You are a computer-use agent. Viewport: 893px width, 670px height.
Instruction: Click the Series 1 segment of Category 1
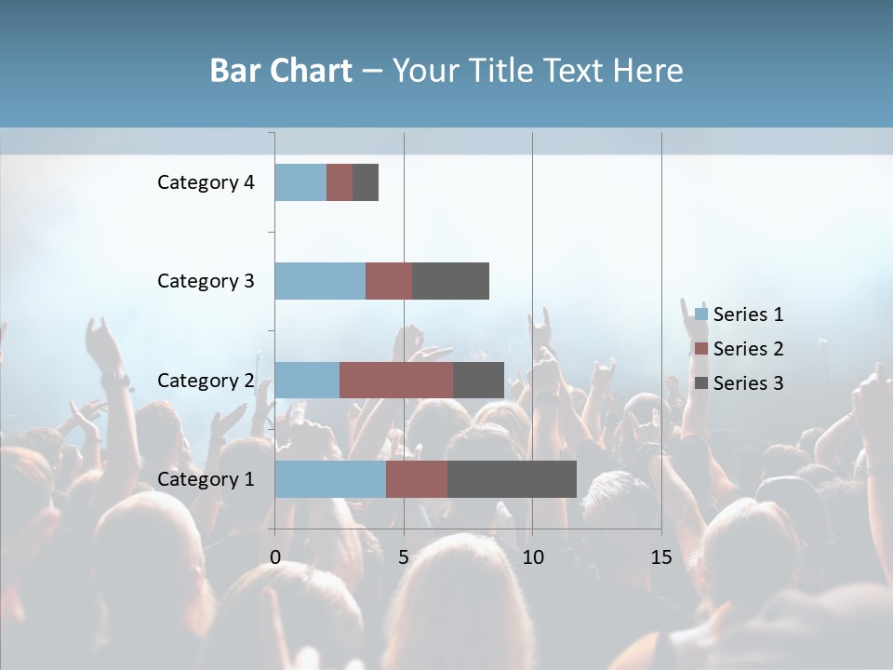point(330,478)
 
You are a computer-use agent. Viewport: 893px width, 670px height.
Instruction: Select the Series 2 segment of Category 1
point(417,478)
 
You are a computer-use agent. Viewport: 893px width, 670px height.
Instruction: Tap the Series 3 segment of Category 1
point(512,478)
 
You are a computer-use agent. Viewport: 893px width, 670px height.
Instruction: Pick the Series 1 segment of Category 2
point(307,380)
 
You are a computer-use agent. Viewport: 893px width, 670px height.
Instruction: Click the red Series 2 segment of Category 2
point(396,380)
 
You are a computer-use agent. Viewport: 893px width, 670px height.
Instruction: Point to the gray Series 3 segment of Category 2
point(478,380)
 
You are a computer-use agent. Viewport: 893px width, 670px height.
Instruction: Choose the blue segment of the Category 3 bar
point(320,281)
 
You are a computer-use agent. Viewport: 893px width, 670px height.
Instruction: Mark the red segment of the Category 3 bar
point(389,281)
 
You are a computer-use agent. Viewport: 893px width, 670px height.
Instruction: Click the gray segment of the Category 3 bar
point(450,281)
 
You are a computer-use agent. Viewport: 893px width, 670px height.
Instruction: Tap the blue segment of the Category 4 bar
point(300,182)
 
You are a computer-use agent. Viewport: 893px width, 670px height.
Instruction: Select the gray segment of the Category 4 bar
point(366,182)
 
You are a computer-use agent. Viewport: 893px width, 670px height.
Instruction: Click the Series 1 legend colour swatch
point(700,315)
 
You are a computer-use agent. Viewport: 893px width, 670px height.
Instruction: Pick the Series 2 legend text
point(748,349)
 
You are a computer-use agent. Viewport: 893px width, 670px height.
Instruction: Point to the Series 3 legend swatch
point(700,383)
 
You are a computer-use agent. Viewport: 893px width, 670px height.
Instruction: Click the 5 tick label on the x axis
point(404,557)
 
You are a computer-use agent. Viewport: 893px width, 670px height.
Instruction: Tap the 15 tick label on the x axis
point(660,557)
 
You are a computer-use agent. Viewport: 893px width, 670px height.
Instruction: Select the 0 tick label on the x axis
point(275,557)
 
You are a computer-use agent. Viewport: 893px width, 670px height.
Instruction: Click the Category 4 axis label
point(206,182)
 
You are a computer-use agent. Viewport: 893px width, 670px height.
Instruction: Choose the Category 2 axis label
point(206,380)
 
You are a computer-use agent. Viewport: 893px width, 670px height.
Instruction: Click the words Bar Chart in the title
point(281,71)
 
